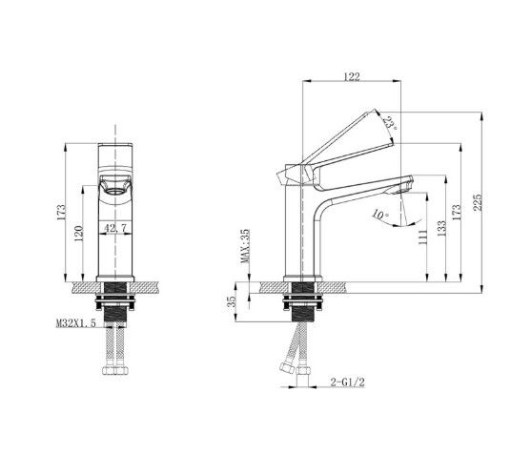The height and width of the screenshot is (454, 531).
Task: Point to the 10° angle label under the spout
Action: tap(380, 217)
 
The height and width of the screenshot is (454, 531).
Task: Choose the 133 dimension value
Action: tap(440, 233)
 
